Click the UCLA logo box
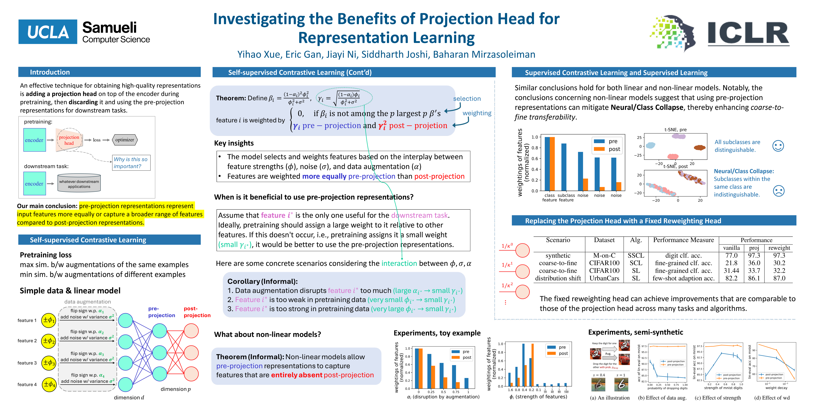pos(48,32)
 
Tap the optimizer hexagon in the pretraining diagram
pos(125,140)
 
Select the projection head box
pos(69,140)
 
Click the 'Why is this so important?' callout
pos(131,163)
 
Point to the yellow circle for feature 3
pos(49,363)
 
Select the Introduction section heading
pos(50,72)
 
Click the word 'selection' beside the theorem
pos(467,99)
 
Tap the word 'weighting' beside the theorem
pos(477,113)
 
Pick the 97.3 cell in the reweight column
pos(779,255)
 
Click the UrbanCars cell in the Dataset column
pos(604,278)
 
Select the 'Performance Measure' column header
pos(683,240)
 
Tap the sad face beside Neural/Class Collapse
pos(779,191)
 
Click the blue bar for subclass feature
pos(564,167)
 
